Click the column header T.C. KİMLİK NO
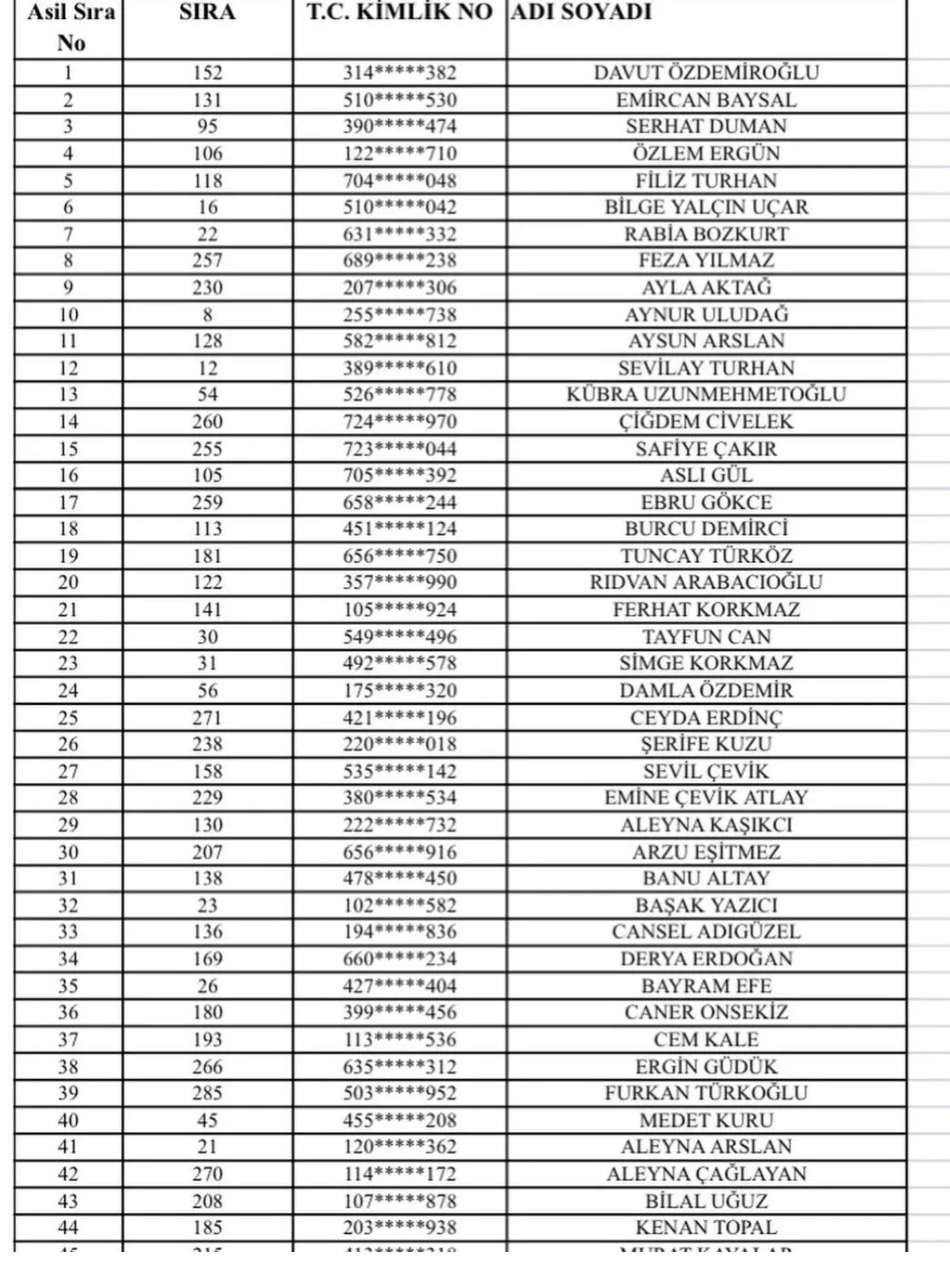coord(399,13)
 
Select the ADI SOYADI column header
coord(581,13)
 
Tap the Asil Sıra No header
coord(70,27)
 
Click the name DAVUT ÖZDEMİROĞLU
coord(706,73)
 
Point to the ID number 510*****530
coord(400,100)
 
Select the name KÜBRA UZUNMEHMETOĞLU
coord(706,394)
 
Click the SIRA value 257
coord(208,260)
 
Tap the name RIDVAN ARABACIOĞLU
coord(706,583)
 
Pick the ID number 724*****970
coord(400,422)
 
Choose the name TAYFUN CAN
coord(706,636)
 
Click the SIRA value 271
coord(208,718)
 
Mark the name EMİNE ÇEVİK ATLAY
coord(706,798)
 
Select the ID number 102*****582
coord(400,905)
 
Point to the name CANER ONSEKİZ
coord(706,1013)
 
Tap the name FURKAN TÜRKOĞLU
coord(706,1093)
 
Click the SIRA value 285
coord(208,1093)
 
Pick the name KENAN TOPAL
coord(706,1227)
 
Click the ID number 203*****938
coord(400,1227)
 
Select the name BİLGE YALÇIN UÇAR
coord(706,207)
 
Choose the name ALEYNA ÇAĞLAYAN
coord(706,1174)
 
